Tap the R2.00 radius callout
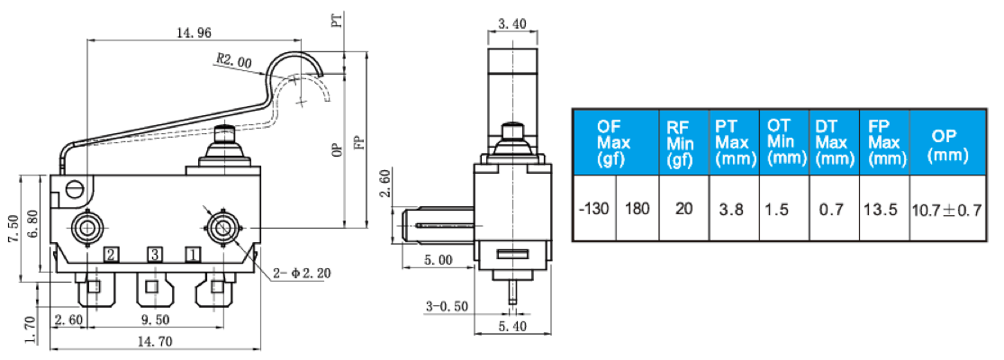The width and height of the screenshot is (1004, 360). point(234,60)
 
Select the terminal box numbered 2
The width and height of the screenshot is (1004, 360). point(112,255)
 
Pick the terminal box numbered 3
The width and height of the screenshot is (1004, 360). point(154,255)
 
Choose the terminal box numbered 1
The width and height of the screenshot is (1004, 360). point(192,255)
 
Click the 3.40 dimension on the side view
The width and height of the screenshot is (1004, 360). point(512,25)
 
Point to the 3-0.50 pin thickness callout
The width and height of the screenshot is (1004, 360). point(447,307)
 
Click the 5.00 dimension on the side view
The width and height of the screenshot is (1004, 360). point(438,260)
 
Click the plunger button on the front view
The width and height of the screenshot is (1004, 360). point(224,134)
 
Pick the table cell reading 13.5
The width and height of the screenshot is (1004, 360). point(884,209)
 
